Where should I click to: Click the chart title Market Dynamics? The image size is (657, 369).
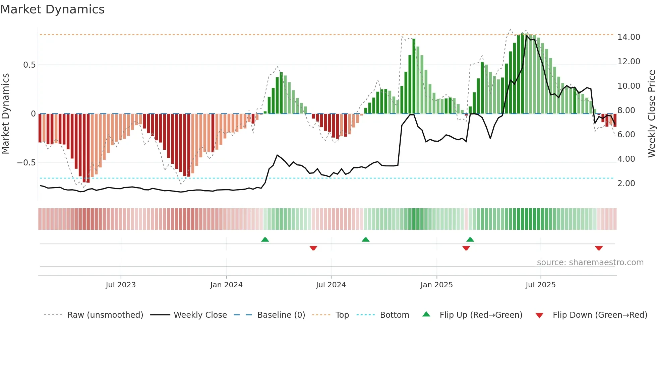click(52, 9)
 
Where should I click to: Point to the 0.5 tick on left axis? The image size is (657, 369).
click(29, 65)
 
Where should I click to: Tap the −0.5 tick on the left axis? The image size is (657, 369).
click(26, 163)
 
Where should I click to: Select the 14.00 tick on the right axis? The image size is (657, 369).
click(629, 37)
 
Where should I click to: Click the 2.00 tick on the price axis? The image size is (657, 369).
click(626, 183)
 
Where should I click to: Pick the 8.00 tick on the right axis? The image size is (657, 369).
click(626, 110)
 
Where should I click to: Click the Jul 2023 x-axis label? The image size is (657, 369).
click(121, 285)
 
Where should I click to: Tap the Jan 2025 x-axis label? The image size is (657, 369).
click(436, 285)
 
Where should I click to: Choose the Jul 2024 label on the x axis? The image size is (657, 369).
click(331, 285)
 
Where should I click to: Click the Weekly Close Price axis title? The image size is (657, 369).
click(651, 114)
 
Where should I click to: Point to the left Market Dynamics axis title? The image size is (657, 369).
click(5, 114)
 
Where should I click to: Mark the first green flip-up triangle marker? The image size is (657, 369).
click(265, 240)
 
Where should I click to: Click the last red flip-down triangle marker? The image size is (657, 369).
click(599, 248)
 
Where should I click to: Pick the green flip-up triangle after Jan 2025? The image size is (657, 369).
click(470, 240)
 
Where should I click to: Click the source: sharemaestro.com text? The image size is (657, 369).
click(590, 263)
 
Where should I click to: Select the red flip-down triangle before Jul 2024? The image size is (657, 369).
click(313, 248)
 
